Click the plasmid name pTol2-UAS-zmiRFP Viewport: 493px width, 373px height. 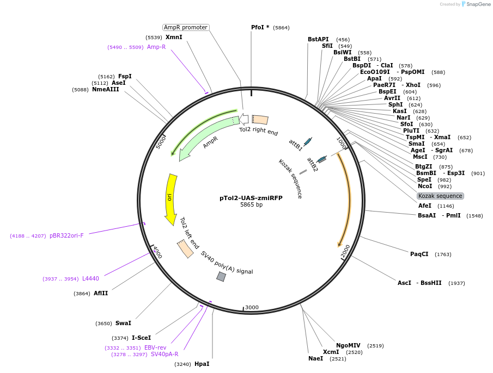tap(251, 198)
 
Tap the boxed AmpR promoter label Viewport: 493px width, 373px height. tap(186, 27)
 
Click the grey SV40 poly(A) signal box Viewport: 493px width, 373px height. tap(221, 277)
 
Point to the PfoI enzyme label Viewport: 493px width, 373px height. tap(260, 27)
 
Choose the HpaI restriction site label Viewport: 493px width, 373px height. tap(202, 364)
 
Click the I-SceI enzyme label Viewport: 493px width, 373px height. tap(141, 338)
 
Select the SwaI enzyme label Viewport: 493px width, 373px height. tap(123, 323)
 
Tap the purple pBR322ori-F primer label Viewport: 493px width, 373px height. tap(66, 235)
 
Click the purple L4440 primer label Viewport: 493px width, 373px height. tap(90, 278)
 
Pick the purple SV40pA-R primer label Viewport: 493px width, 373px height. tap(164, 355)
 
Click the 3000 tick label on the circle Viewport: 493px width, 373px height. tap(252, 307)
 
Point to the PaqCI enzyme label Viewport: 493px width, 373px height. tap(419, 254)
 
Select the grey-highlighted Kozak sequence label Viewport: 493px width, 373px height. tap(440, 196)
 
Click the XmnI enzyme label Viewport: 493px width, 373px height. tap(174, 37)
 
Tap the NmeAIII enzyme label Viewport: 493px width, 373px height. tap(105, 89)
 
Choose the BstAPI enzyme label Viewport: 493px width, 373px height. tap(318, 39)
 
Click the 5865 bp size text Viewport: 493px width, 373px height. tap(251, 205)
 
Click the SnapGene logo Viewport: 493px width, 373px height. tap(475, 4)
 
